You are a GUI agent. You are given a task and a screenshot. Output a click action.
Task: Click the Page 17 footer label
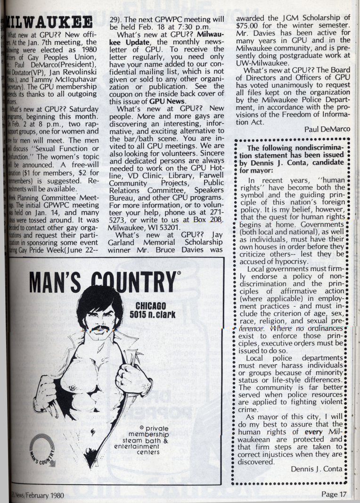pos(334,494)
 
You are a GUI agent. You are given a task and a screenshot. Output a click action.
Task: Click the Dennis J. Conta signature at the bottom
pos(317,469)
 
